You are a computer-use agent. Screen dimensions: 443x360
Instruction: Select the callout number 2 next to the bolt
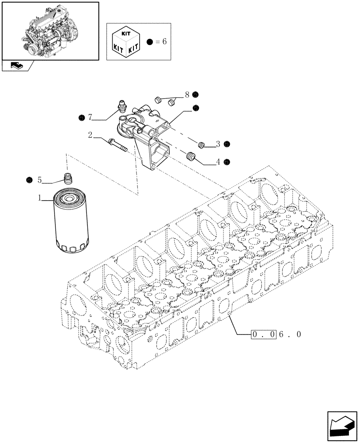point(90,135)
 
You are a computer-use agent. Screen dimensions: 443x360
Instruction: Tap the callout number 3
point(218,144)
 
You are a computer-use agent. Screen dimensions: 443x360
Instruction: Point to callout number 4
point(218,162)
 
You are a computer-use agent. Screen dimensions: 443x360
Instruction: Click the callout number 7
point(90,117)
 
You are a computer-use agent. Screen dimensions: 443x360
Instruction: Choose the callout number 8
point(187,94)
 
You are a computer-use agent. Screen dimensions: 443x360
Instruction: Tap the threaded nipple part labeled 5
point(68,179)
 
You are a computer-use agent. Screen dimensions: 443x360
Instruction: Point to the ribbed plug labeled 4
point(192,156)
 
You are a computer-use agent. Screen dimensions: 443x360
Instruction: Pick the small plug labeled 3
point(201,144)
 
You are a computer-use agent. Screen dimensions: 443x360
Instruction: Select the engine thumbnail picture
point(50,30)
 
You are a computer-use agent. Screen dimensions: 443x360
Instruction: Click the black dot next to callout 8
point(196,94)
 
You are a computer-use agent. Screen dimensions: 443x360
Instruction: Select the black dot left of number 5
point(29,179)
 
